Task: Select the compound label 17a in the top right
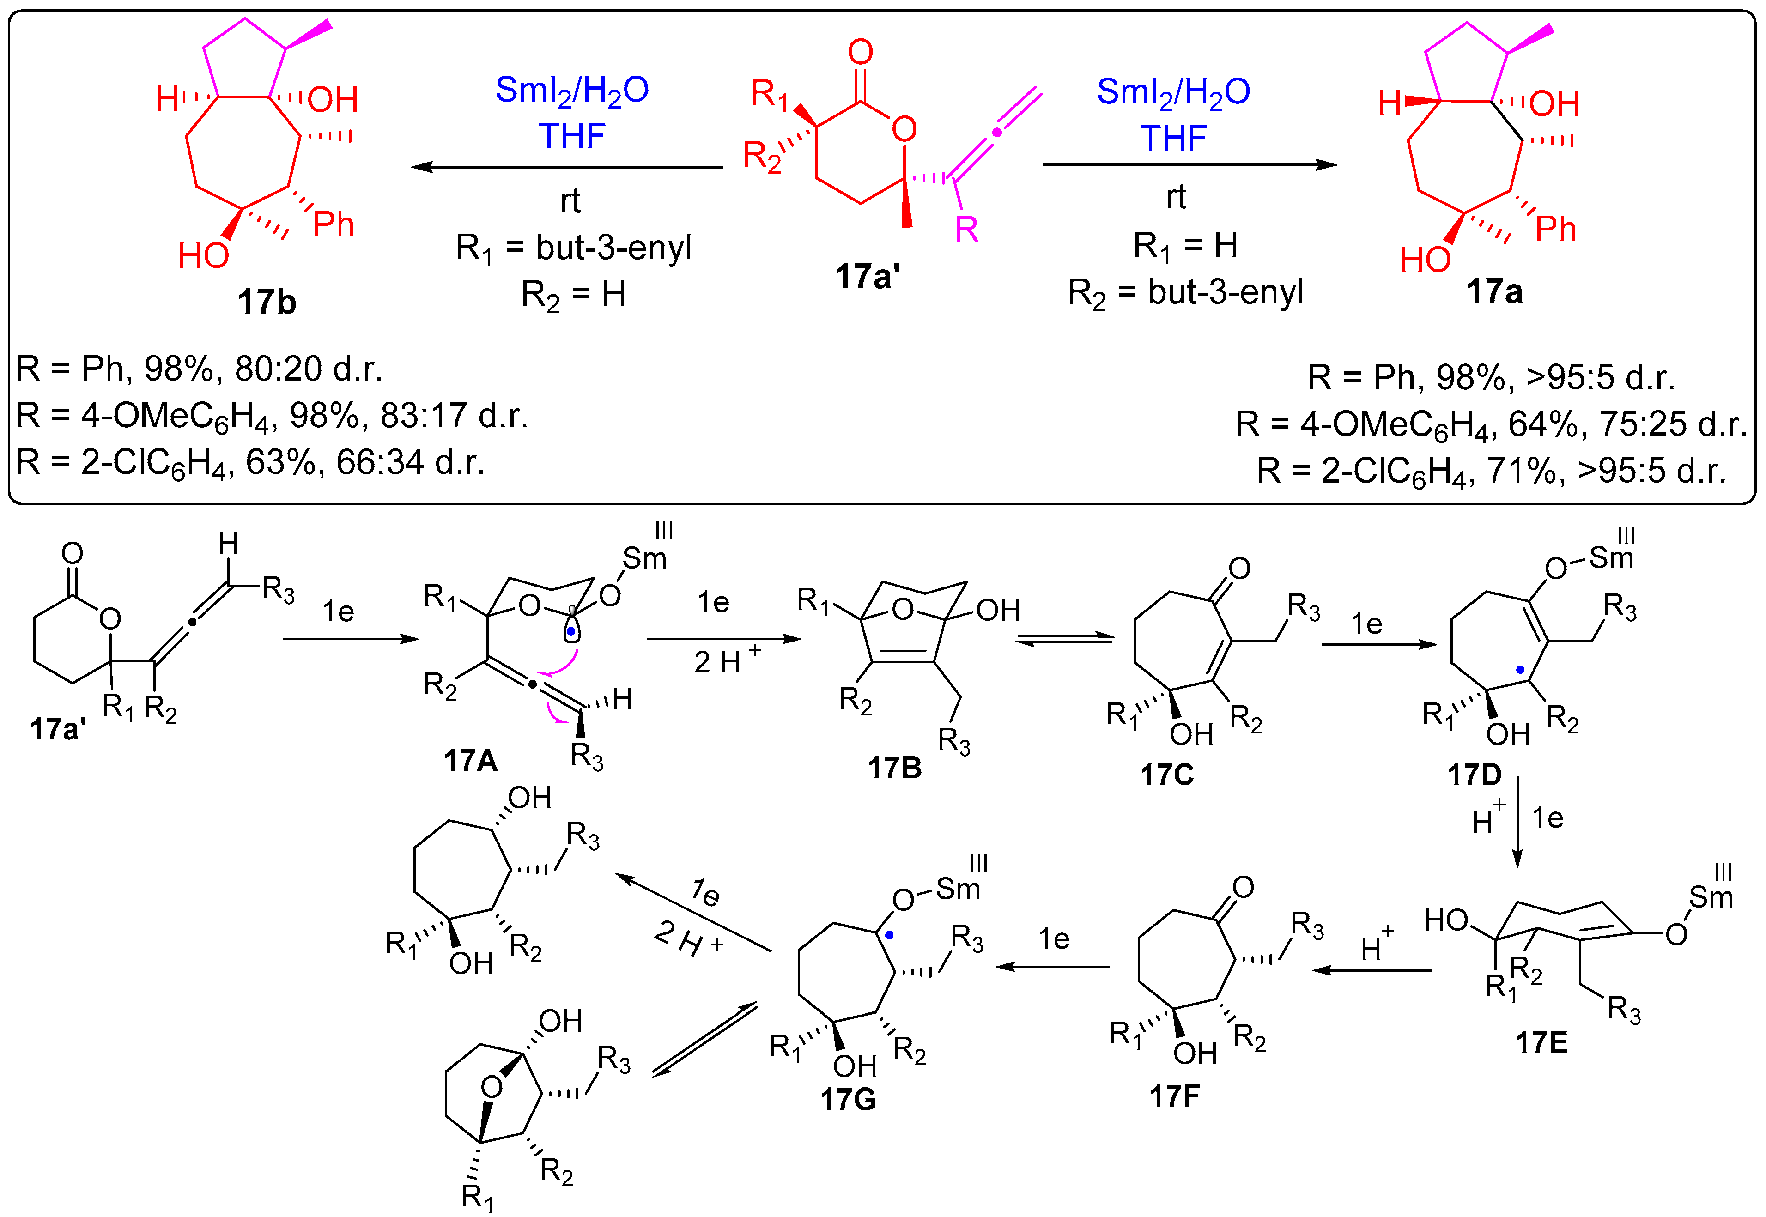pyautogui.click(x=1494, y=292)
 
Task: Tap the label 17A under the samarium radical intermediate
pyautogui.click(x=470, y=760)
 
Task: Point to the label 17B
pyautogui.click(x=894, y=768)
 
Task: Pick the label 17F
pyautogui.click(x=1174, y=1096)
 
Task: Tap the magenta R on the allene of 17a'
pyautogui.click(x=966, y=229)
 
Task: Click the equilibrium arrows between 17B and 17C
pyautogui.click(x=1064, y=641)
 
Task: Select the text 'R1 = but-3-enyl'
pyautogui.click(x=573, y=248)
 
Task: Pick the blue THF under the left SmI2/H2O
pyautogui.click(x=572, y=137)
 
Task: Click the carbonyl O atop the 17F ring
pyautogui.click(x=1243, y=887)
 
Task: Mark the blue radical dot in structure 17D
pyautogui.click(x=1520, y=670)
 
